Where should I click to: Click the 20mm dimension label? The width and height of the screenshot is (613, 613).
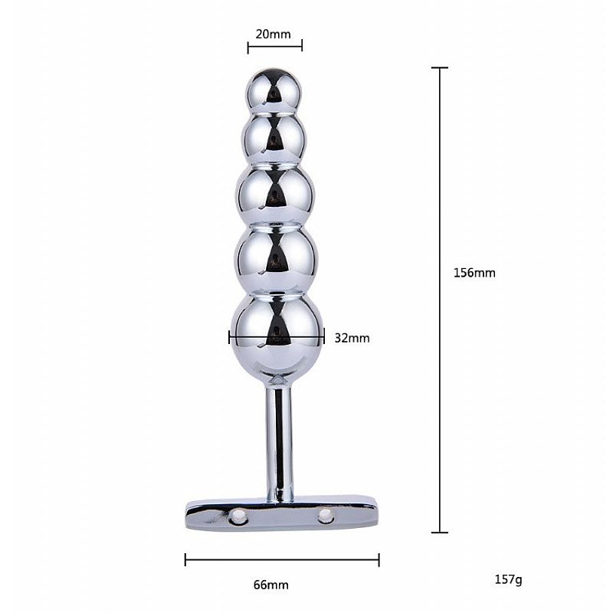[274, 34]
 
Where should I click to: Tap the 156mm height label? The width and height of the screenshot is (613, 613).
[474, 273]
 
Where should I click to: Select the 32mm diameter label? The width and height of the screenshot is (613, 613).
[352, 338]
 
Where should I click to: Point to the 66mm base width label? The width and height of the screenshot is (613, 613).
[271, 585]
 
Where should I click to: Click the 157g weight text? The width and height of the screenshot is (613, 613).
[508, 579]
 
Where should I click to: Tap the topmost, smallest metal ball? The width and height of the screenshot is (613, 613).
[274, 91]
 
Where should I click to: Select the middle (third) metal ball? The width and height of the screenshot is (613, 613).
[275, 195]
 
